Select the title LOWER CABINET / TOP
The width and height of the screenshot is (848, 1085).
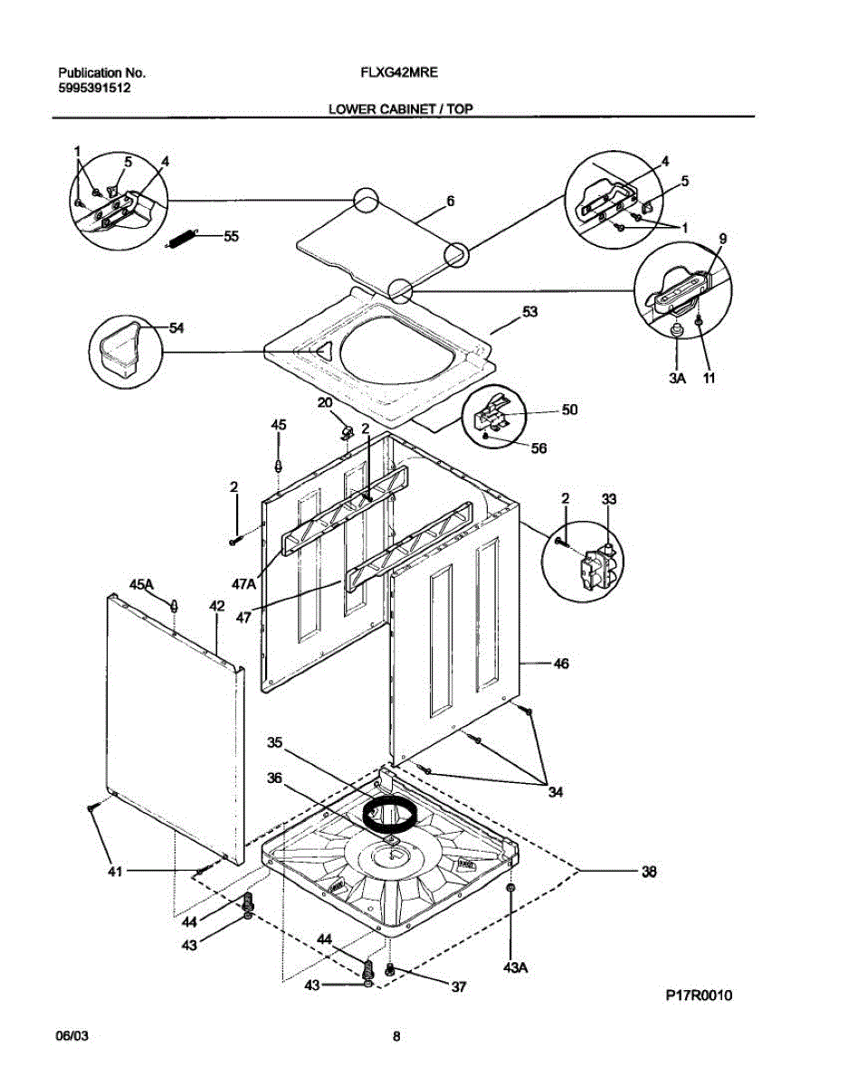coord(400,109)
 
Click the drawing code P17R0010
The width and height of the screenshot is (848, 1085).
coord(699,995)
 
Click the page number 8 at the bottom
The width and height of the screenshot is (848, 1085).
coord(396,1037)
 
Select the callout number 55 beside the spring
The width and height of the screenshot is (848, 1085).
coord(231,236)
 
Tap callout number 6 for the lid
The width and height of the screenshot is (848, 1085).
coord(450,202)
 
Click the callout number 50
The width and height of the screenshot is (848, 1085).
coord(568,410)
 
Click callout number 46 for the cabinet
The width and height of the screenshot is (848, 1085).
coord(561,664)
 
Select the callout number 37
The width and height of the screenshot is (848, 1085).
coord(459,987)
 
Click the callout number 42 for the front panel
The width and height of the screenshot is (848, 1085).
coord(217,606)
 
